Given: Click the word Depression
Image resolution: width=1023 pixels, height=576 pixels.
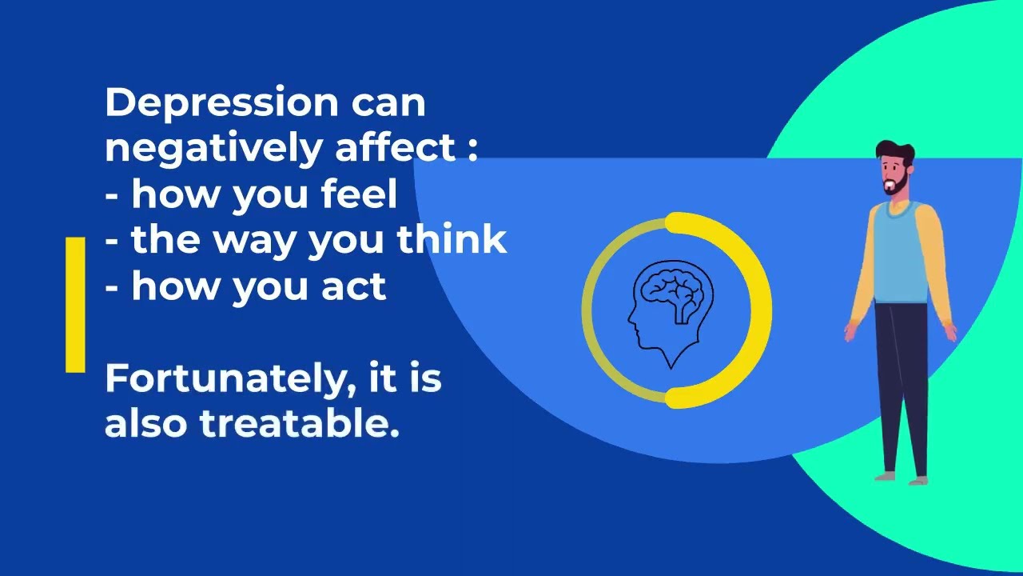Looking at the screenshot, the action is (222, 103).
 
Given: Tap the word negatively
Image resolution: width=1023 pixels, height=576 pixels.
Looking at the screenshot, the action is (213, 149).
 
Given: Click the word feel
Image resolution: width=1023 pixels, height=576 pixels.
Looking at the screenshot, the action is (359, 193).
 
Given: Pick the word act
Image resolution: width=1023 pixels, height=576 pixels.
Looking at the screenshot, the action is (354, 286).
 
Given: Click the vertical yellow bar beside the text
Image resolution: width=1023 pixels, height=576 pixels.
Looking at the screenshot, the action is (75, 305).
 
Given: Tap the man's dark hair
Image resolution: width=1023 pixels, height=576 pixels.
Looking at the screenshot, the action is (895, 151).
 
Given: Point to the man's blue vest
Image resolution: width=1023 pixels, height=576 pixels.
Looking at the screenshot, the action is (900, 253).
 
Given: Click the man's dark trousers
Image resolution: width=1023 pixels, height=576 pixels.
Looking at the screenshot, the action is (902, 389).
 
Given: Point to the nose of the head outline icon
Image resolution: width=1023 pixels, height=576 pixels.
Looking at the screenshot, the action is (631, 318).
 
